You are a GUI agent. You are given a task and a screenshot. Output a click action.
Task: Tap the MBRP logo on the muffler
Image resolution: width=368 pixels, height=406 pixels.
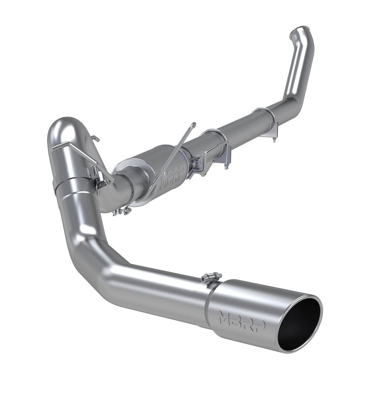(x=172, y=176)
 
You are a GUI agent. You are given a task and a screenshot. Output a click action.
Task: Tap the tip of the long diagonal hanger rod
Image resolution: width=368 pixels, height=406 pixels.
(x=193, y=125)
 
